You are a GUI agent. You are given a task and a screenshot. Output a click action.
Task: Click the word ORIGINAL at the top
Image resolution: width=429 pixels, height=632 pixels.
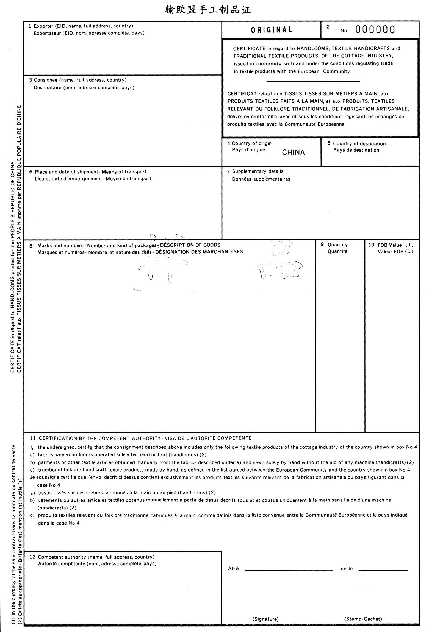coord(272,30)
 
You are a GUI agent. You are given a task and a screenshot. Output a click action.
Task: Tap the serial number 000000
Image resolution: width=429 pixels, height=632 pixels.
coord(375,29)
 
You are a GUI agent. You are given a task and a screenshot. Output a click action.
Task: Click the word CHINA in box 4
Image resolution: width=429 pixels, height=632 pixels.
coord(293,153)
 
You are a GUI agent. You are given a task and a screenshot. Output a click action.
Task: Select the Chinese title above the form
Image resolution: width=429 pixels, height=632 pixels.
coord(208,10)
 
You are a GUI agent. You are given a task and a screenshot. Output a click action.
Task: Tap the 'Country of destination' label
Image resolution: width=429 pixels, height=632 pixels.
coord(359,144)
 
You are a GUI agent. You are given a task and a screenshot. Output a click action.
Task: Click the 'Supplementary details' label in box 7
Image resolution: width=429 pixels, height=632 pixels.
coord(258,171)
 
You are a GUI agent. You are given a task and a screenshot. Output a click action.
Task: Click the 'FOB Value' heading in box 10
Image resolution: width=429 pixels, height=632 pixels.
coord(389,245)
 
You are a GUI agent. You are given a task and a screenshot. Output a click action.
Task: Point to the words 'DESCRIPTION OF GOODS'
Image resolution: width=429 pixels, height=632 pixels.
coord(190,245)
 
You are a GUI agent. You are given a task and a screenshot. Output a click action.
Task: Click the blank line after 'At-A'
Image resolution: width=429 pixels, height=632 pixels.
coord(289,570)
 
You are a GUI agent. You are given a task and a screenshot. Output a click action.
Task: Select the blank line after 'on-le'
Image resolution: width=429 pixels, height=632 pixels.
coord(383,570)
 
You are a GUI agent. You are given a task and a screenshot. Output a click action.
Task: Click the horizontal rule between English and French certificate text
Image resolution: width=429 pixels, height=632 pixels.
coord(313,81)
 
